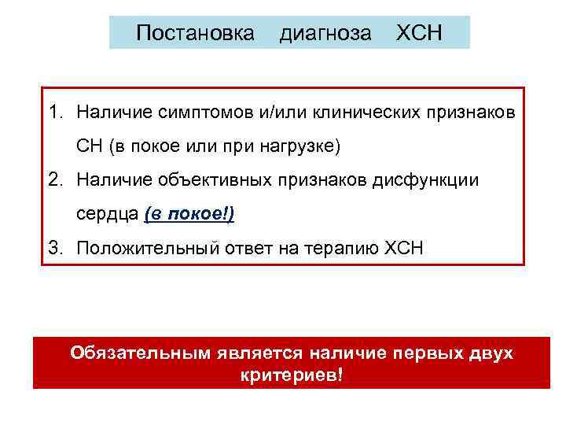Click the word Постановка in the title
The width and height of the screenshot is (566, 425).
point(195,33)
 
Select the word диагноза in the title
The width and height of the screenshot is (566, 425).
point(325,33)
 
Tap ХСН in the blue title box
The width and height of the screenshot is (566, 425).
point(419,33)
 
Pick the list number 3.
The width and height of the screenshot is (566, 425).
point(54,249)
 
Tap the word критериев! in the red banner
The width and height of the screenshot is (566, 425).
point(290,374)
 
